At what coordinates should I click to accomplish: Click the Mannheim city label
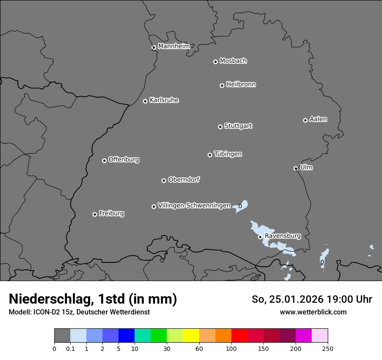pos(174,46)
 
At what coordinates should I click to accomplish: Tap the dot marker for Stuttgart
pos(220,127)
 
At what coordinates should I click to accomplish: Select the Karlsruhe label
pos(164,100)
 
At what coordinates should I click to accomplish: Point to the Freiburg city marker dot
pos(95,214)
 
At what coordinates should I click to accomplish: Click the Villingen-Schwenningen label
pos(194,206)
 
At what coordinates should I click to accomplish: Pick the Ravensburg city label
pos(283,236)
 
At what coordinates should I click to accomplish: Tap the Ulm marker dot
pos(296,168)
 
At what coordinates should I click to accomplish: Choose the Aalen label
pos(318,119)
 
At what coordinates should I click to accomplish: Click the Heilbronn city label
pos(241,85)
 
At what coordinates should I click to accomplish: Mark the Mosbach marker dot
pos(215,62)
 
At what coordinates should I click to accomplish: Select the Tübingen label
pos(228,154)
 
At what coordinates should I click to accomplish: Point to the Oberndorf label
pos(184,180)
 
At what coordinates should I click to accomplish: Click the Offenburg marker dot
pos(104,160)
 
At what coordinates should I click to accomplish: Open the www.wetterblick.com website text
pos(313,312)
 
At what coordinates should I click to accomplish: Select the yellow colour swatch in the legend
pos(191,336)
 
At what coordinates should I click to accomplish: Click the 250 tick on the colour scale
pos(328,348)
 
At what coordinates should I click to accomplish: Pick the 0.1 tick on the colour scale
pos(70,348)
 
